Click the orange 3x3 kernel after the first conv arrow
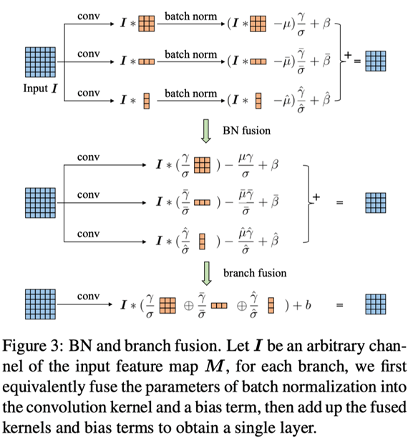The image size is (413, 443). pyautogui.click(x=145, y=24)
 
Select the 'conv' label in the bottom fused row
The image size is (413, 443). pyautogui.click(x=88, y=296)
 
